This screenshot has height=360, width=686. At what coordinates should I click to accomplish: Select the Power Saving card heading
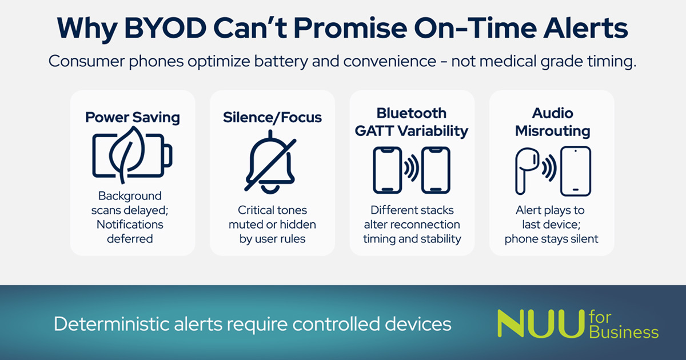tap(133, 118)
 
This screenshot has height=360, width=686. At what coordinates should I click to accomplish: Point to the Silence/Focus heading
tap(272, 118)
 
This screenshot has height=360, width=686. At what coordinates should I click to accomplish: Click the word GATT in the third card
tap(374, 131)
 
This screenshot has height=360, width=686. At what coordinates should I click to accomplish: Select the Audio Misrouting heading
tap(552, 122)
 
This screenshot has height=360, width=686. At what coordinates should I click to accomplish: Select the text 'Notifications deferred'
tap(130, 231)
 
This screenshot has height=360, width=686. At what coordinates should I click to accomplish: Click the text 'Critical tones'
tap(272, 210)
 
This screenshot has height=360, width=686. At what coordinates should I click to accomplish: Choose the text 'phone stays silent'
tap(552, 239)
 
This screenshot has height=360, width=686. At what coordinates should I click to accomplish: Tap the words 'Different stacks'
tap(412, 210)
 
